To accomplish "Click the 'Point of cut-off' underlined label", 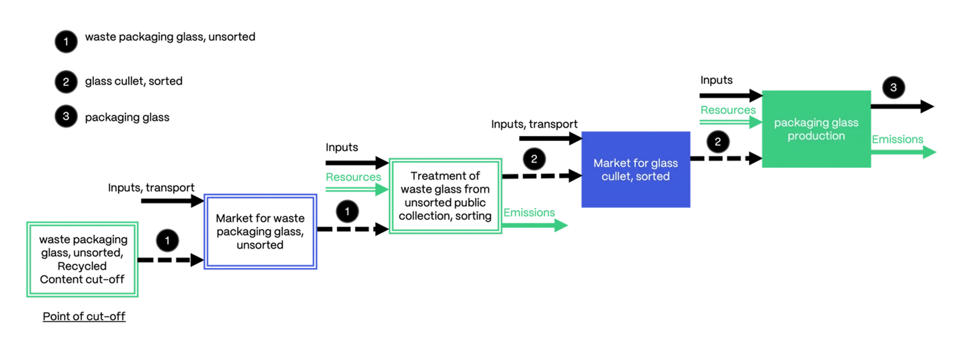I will click(x=84, y=316).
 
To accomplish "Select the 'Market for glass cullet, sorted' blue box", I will click(x=635, y=170).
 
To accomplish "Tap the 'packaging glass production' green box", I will click(x=816, y=129).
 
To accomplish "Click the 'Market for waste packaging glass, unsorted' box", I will click(x=260, y=232).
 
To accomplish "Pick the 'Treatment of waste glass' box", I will click(x=445, y=196).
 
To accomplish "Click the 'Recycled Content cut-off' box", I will click(x=82, y=259).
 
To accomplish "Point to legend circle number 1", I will click(x=66, y=42).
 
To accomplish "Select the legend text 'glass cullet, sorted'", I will click(x=134, y=81).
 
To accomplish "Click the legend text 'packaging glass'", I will click(x=127, y=117).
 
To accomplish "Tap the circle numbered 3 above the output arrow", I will click(x=893, y=88).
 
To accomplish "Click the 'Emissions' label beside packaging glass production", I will click(x=897, y=139).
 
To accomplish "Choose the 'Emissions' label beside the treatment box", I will click(x=529, y=212).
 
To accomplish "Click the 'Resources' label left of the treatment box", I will click(x=353, y=177).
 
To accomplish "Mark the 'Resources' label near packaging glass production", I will click(x=728, y=110).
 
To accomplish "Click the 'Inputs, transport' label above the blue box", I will click(x=534, y=124).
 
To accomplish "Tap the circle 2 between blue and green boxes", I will click(x=717, y=142).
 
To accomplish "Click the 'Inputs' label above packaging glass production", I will click(x=716, y=80).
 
